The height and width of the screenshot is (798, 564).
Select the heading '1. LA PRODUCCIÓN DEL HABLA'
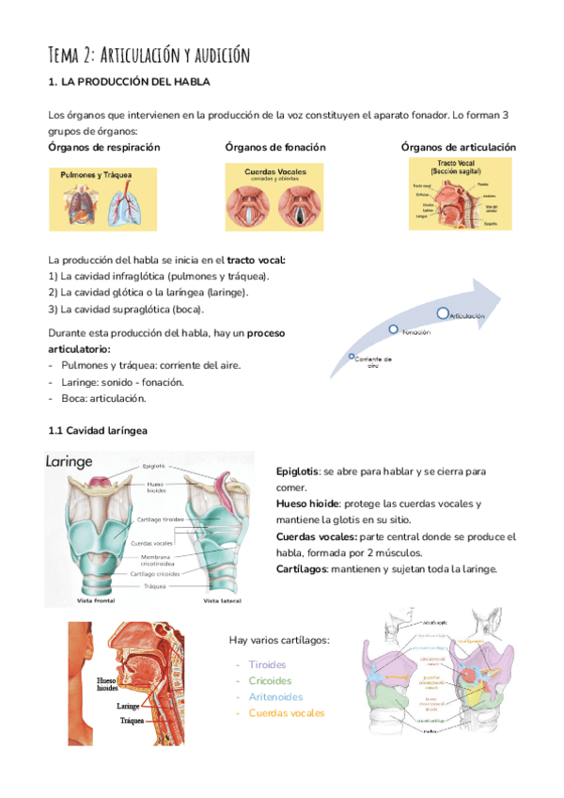(128, 85)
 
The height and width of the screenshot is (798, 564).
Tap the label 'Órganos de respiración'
(103, 148)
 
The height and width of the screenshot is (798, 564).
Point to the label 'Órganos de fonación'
(275, 148)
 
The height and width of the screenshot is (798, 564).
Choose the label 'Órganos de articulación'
(458, 148)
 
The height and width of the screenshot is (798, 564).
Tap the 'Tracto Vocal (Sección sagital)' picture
(454, 195)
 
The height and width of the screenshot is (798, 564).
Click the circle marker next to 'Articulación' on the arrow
(443, 312)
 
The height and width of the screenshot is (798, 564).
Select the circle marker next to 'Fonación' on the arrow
(395, 329)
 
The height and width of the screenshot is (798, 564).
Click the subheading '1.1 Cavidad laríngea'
(97, 431)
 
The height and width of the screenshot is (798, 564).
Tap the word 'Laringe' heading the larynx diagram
(70, 462)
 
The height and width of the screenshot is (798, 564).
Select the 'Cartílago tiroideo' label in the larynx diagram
(161, 519)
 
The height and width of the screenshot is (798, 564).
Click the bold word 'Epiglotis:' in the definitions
(298, 471)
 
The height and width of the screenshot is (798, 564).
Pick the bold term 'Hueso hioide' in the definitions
(307, 503)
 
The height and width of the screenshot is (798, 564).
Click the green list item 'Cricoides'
(270, 680)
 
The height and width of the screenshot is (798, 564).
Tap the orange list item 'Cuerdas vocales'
(287, 712)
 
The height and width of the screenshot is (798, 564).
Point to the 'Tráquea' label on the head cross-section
(131, 723)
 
